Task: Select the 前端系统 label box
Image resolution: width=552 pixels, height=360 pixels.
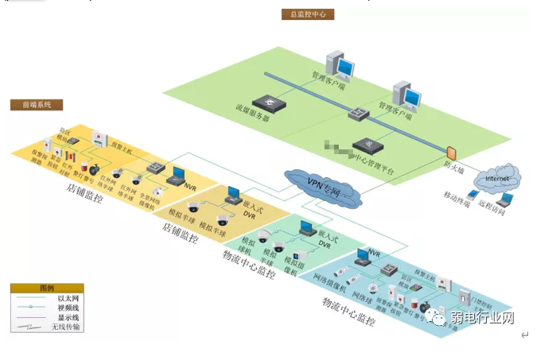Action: tap(37, 105)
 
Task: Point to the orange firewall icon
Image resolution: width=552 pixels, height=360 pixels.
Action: tap(451, 151)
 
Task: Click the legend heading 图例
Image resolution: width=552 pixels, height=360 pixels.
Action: tap(46, 288)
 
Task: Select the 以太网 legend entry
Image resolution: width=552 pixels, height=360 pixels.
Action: tap(66, 298)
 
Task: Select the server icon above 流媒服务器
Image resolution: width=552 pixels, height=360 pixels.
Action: tap(274, 103)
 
